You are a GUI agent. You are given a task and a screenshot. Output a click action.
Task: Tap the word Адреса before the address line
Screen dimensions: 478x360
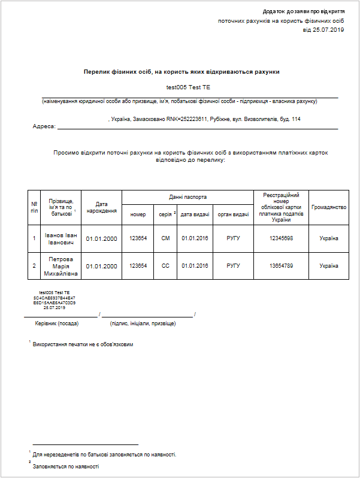tap(43, 126)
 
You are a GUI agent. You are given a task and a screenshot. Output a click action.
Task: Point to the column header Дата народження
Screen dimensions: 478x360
tap(101, 208)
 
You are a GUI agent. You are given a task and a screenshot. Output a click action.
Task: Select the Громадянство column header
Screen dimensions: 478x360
tap(329, 207)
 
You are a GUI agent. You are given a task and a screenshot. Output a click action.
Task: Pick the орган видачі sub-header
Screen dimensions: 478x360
tap(233, 214)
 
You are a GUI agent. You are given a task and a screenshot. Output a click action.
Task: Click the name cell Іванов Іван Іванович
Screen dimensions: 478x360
tap(60, 238)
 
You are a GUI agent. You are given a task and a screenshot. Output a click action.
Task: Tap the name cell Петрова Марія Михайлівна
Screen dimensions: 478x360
tap(60, 267)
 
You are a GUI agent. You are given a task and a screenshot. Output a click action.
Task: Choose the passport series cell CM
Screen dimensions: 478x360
tap(166, 238)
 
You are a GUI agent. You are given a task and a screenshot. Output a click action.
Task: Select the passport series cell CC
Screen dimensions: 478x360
tap(166, 266)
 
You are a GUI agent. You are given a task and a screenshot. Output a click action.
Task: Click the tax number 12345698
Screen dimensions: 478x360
tap(281, 238)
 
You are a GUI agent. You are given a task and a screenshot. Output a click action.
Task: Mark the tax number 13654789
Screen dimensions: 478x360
tap(281, 266)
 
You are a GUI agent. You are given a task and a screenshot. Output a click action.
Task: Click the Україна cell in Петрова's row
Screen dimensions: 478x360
tap(329, 266)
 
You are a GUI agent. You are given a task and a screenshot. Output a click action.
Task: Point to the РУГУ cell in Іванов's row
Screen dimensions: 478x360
tap(233, 238)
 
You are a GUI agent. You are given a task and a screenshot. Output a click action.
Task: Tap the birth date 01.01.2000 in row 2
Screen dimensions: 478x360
tap(101, 266)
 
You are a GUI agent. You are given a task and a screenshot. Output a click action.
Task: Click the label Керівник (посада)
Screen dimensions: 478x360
tap(58, 323)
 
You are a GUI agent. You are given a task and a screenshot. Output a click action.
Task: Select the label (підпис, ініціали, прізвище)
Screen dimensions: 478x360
tap(143, 323)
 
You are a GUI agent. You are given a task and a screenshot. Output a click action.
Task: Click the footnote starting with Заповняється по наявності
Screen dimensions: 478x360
tap(66, 466)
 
